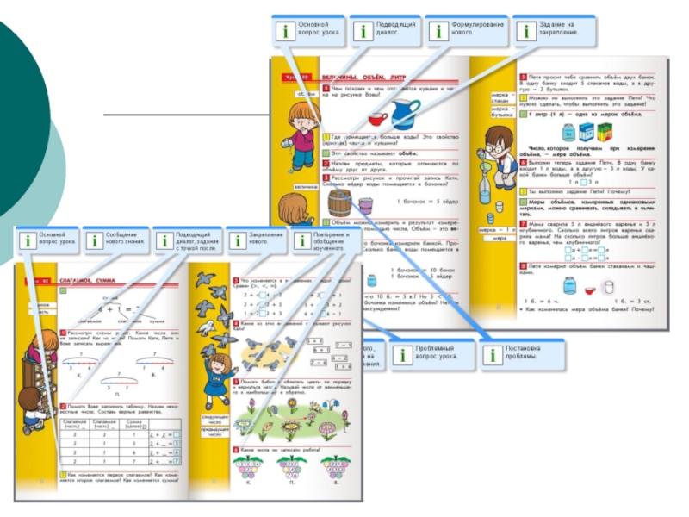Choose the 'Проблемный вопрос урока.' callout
coord(431,353)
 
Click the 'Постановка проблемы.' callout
coord(521,353)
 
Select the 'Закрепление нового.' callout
coord(257,240)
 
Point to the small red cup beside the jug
coord(377,119)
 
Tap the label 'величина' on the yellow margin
coord(306,185)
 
